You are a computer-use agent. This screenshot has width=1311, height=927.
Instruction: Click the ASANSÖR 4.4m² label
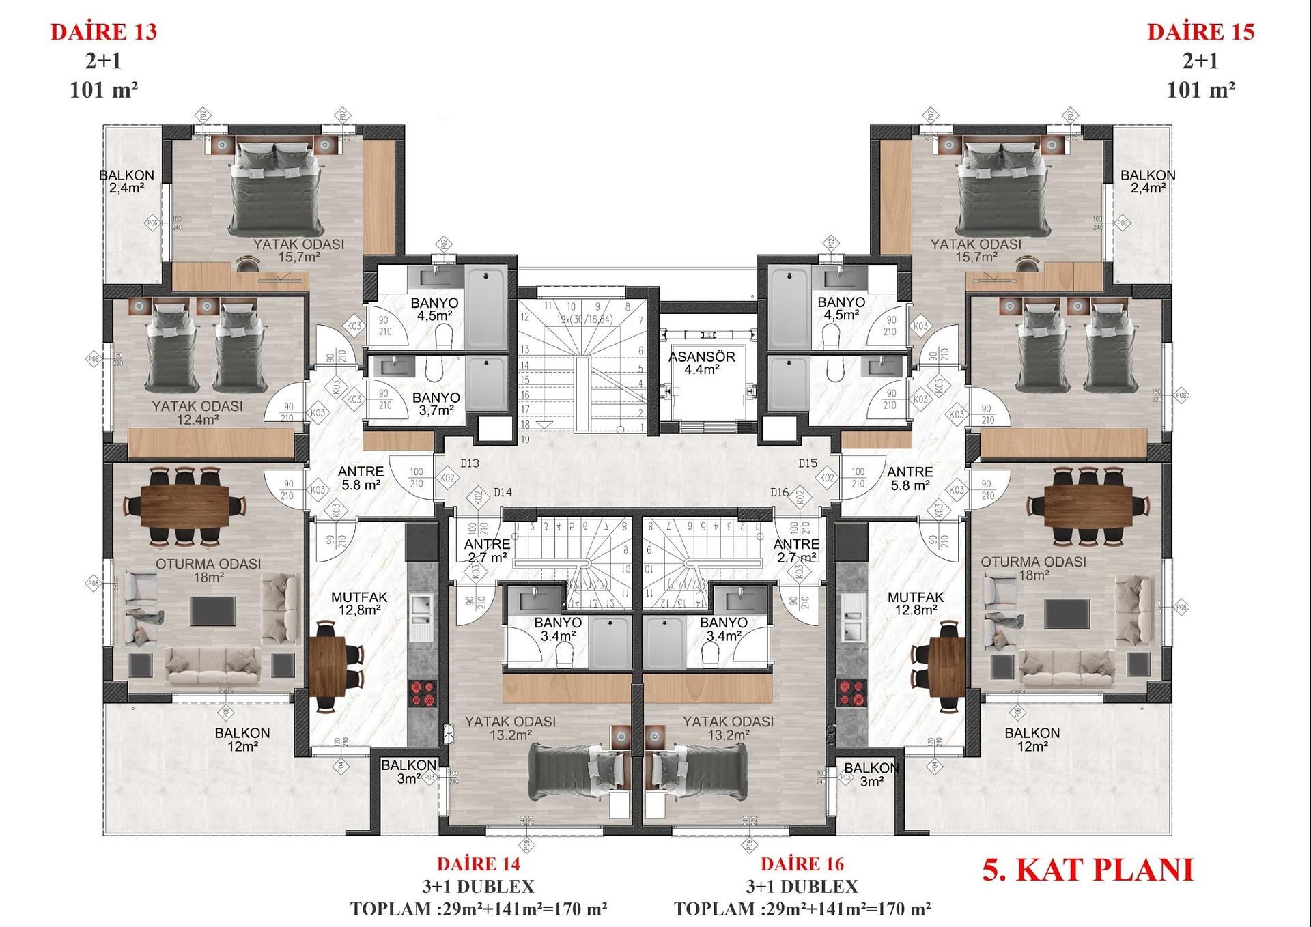click(x=701, y=363)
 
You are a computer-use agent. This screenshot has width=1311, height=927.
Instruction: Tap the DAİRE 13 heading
click(x=104, y=32)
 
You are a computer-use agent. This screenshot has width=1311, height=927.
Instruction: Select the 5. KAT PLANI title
click(x=1088, y=870)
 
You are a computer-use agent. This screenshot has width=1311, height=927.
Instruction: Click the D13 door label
click(x=470, y=463)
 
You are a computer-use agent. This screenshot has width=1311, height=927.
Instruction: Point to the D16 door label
click(x=779, y=492)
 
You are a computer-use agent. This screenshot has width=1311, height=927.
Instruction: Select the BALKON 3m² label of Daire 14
click(x=408, y=772)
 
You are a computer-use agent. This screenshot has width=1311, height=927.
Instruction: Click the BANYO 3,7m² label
click(x=436, y=403)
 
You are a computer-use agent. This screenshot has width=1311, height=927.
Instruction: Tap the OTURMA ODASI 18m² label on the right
click(x=1033, y=568)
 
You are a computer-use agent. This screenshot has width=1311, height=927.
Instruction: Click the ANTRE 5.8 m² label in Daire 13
click(x=361, y=478)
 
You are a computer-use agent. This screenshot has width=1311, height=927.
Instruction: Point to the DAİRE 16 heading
click(x=802, y=864)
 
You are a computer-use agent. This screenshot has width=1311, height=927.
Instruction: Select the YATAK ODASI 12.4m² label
click(x=197, y=412)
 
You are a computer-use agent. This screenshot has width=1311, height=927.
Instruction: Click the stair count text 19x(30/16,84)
click(x=584, y=319)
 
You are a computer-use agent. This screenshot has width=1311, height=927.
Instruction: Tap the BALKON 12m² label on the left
click(x=242, y=739)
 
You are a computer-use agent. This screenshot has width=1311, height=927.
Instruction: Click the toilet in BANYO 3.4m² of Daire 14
click(x=564, y=656)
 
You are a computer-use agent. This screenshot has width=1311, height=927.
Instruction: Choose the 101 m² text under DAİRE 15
click(x=1200, y=89)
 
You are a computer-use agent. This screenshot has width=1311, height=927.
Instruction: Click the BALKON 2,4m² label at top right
click(x=1148, y=182)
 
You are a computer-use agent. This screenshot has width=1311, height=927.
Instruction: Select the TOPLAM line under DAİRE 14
click(x=479, y=909)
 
